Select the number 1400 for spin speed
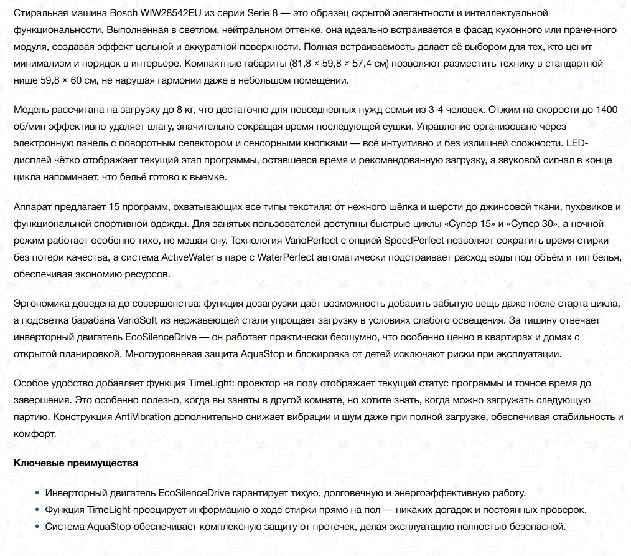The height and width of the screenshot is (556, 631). click(606, 110)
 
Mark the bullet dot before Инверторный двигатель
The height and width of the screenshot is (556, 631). click(37, 493)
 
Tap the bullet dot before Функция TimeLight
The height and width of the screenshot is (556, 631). click(37, 510)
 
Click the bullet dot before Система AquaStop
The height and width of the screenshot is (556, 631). click(37, 527)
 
